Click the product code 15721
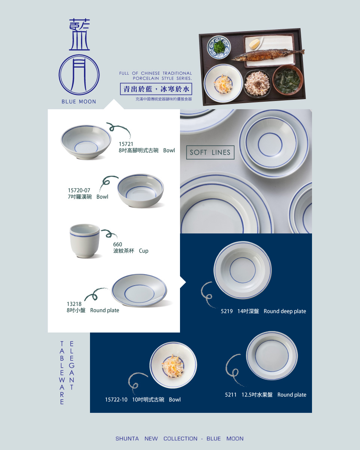point(126,144)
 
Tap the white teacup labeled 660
point(85,241)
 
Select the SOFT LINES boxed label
point(210,152)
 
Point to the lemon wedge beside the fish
point(255,44)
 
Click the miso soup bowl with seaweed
point(288,80)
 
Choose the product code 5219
point(226,312)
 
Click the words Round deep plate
point(285,312)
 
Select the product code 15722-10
point(116,400)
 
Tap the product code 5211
point(231,395)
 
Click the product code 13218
point(74,304)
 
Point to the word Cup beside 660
point(143,251)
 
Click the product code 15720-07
point(79,190)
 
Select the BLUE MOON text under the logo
point(79,102)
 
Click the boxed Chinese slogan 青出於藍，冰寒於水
point(156,89)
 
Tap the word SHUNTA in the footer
point(127,438)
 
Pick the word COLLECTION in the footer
point(180,438)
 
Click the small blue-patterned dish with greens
point(219,47)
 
